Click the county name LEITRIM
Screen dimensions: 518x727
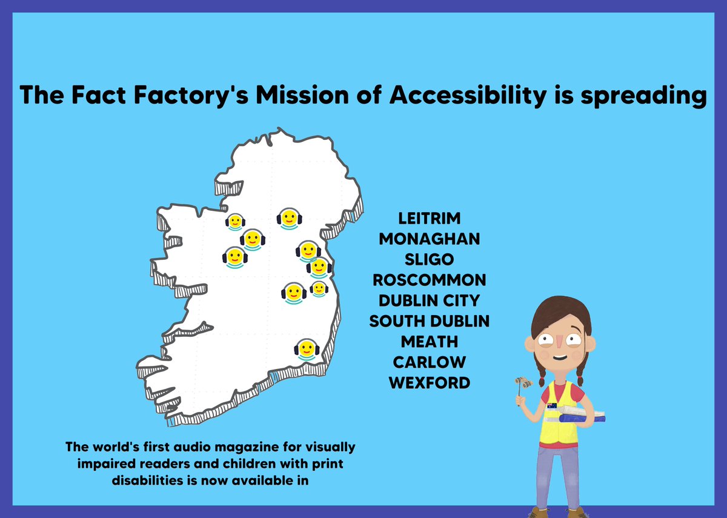tap(430, 218)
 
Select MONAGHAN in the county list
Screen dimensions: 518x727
tap(430, 239)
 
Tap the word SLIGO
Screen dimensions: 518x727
tap(430, 259)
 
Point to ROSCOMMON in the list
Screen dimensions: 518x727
tap(430, 280)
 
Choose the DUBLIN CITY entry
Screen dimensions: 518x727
tap(430, 301)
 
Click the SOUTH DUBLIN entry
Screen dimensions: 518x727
tap(430, 321)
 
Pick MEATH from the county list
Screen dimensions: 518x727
tap(430, 342)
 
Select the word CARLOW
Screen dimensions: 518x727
tap(430, 362)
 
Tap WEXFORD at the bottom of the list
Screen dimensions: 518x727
tap(430, 383)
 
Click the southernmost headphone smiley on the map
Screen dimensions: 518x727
tap(306, 350)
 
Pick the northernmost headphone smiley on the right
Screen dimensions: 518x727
tap(289, 217)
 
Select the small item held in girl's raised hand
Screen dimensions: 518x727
tap(523, 384)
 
